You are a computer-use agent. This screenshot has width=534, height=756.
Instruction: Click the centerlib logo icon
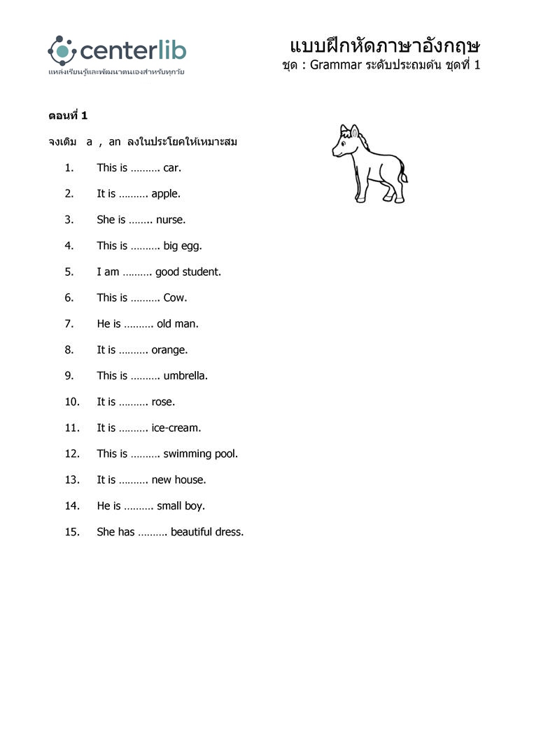[x=62, y=50]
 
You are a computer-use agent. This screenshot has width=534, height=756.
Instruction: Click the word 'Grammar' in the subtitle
[x=335, y=65]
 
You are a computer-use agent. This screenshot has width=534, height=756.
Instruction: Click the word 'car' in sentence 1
[x=171, y=168]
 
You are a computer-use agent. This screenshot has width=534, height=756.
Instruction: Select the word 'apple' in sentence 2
[x=165, y=194]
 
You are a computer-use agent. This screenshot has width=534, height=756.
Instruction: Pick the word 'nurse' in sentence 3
[x=170, y=220]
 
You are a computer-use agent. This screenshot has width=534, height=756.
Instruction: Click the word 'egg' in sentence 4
[x=191, y=246]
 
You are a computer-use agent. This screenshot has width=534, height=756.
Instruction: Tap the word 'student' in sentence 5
[x=202, y=272]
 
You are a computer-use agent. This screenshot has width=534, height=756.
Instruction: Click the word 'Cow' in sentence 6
[x=175, y=297]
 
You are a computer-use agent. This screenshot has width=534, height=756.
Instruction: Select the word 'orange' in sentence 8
[x=169, y=350]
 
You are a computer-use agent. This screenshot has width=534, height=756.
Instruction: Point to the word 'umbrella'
[x=185, y=376]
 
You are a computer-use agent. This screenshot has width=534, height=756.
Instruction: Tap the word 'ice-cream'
[x=175, y=428]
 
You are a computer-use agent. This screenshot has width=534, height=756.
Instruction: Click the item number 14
[x=71, y=506]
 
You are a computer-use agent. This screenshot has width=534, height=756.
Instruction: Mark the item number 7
[x=69, y=324]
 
